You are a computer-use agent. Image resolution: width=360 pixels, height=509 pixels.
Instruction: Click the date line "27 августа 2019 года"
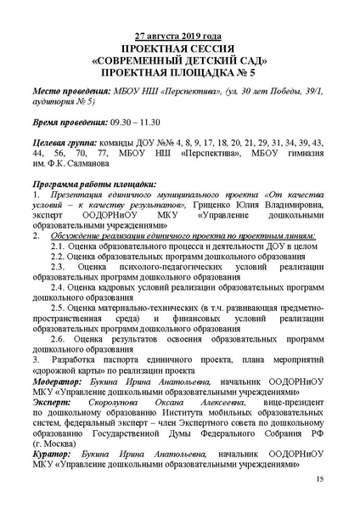pyautogui.click(x=179, y=37)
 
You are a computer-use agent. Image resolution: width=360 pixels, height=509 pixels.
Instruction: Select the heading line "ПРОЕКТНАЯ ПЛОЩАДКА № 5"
pyautogui.click(x=179, y=74)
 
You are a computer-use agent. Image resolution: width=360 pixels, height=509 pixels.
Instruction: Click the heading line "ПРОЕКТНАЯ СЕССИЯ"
pyautogui.click(x=179, y=49)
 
